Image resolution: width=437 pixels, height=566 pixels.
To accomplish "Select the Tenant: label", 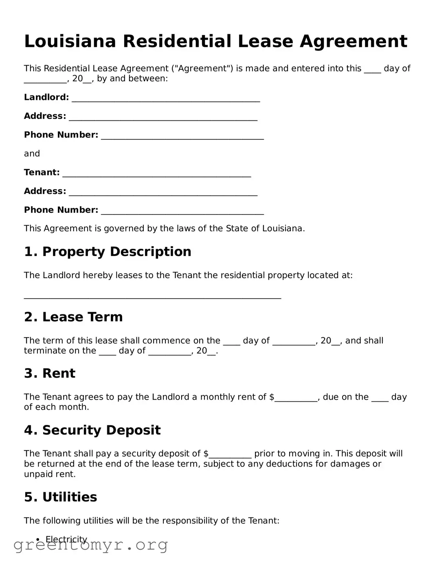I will (42, 172).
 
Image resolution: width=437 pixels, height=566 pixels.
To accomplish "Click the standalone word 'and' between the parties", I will (32, 154).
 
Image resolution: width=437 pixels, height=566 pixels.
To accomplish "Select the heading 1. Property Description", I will (108, 252).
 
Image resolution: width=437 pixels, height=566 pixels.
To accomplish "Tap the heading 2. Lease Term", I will (73, 317).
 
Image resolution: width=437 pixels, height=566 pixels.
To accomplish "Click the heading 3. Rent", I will (50, 373).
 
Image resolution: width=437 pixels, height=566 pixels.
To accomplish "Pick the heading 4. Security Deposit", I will (92, 430).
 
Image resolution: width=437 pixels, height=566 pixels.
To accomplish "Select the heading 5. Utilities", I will (60, 497).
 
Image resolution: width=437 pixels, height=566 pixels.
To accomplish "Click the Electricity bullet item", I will (66, 539).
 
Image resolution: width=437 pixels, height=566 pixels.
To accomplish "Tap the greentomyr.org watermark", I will (90, 545).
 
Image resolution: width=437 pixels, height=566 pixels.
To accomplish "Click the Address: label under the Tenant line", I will (45, 191).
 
